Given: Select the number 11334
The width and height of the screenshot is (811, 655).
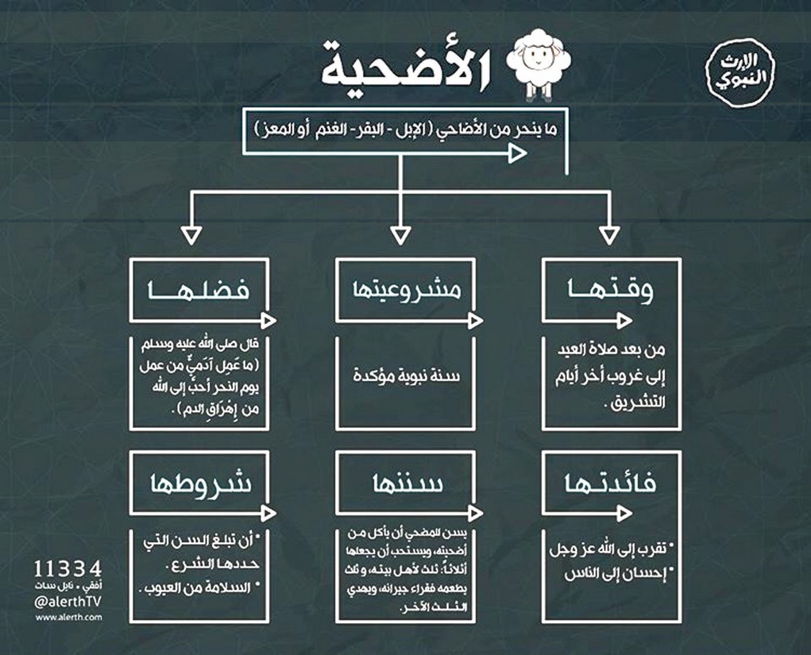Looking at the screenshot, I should coord(68,569).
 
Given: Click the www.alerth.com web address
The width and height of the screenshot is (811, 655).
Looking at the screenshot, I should coord(68,616).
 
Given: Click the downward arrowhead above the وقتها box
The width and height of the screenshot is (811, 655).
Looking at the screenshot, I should coord(609,235).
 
